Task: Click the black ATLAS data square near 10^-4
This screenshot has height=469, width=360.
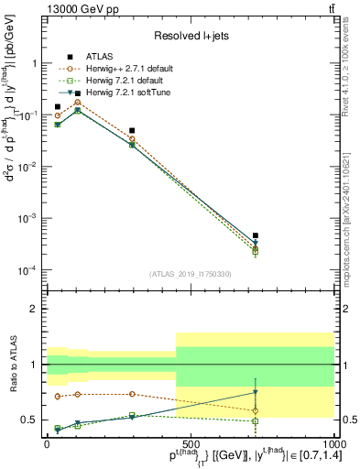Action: pos(256,235)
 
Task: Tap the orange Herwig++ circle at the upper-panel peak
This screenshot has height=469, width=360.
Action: pos(103,103)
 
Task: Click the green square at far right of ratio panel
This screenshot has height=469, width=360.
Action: pos(256,420)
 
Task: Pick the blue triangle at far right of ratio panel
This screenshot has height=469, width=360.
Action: pos(256,392)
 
